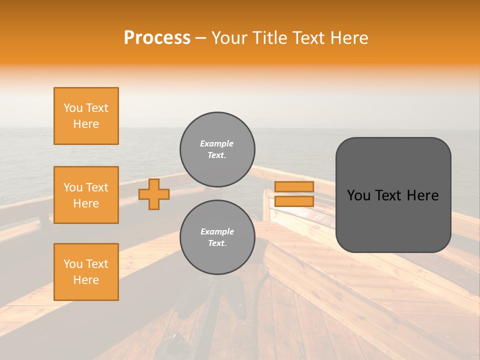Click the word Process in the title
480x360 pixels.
[x=157, y=38]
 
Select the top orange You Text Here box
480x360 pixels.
[x=86, y=116]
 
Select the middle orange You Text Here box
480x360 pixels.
[x=86, y=195]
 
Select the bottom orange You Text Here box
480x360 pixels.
[x=86, y=272]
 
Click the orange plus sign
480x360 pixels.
[x=154, y=194]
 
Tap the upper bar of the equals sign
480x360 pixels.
[x=294, y=186]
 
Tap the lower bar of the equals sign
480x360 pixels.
[x=294, y=201]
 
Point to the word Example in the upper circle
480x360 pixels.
[x=217, y=143]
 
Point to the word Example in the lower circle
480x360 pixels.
[x=217, y=231]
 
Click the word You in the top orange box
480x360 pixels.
[x=72, y=108]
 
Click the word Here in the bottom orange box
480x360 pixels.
[x=86, y=280]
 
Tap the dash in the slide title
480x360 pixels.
[x=201, y=38]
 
